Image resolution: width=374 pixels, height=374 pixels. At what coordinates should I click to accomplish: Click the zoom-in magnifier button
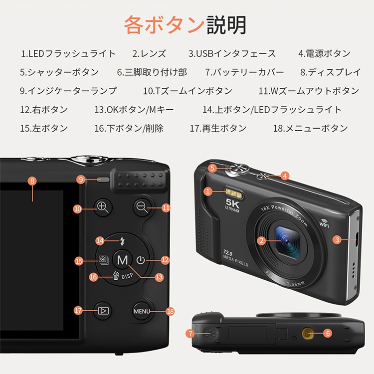pos(103,207)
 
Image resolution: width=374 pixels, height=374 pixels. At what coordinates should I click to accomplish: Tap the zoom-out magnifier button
pos(142,207)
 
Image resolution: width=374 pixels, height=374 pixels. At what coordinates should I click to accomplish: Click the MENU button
pos(142,311)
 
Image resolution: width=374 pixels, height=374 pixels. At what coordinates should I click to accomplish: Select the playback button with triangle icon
pos(103,311)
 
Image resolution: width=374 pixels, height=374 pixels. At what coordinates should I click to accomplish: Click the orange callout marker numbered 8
pos(32,181)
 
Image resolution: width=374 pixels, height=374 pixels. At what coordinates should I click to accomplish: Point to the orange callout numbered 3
pos(338,240)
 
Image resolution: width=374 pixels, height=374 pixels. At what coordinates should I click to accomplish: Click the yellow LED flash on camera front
pos(232,191)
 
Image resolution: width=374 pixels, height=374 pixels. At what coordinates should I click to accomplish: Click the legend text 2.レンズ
pos(149,53)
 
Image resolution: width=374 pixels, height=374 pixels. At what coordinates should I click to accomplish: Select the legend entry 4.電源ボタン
pos(324,53)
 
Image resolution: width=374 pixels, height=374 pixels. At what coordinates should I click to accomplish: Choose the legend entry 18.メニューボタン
pos(310,128)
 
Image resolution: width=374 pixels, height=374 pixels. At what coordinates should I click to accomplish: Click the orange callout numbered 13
pos(160,277)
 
